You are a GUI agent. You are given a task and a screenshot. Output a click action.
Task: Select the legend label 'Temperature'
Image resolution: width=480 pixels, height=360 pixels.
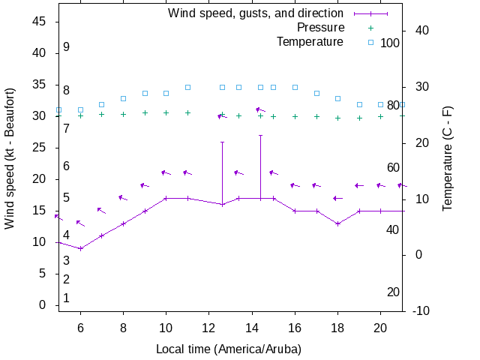tap(310, 41)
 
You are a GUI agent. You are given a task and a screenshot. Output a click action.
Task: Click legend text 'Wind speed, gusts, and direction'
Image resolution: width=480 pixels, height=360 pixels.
tap(256, 13)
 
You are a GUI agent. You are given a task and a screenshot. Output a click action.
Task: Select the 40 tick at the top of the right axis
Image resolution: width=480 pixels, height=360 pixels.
tap(421, 31)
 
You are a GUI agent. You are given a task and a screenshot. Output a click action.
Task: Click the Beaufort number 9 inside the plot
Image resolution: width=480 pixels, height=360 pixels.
tap(67, 46)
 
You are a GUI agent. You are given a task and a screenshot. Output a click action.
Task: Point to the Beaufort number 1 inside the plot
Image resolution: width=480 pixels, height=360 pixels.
tap(67, 298)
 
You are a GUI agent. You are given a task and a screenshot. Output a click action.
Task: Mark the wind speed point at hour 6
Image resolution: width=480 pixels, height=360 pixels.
tap(80, 248)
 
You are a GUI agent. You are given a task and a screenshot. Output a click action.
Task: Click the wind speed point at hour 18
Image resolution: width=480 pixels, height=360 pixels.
tap(338, 223)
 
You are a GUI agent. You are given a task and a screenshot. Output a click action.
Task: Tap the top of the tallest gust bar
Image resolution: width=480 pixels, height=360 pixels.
tap(260, 136)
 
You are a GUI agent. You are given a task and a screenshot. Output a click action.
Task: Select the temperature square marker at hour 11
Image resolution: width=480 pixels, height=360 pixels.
tap(187, 87)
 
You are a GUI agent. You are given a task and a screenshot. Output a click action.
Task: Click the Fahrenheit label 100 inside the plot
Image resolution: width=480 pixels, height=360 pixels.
tap(390, 43)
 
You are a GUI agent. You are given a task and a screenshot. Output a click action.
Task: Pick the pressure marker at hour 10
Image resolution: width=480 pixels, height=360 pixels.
tap(166, 113)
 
